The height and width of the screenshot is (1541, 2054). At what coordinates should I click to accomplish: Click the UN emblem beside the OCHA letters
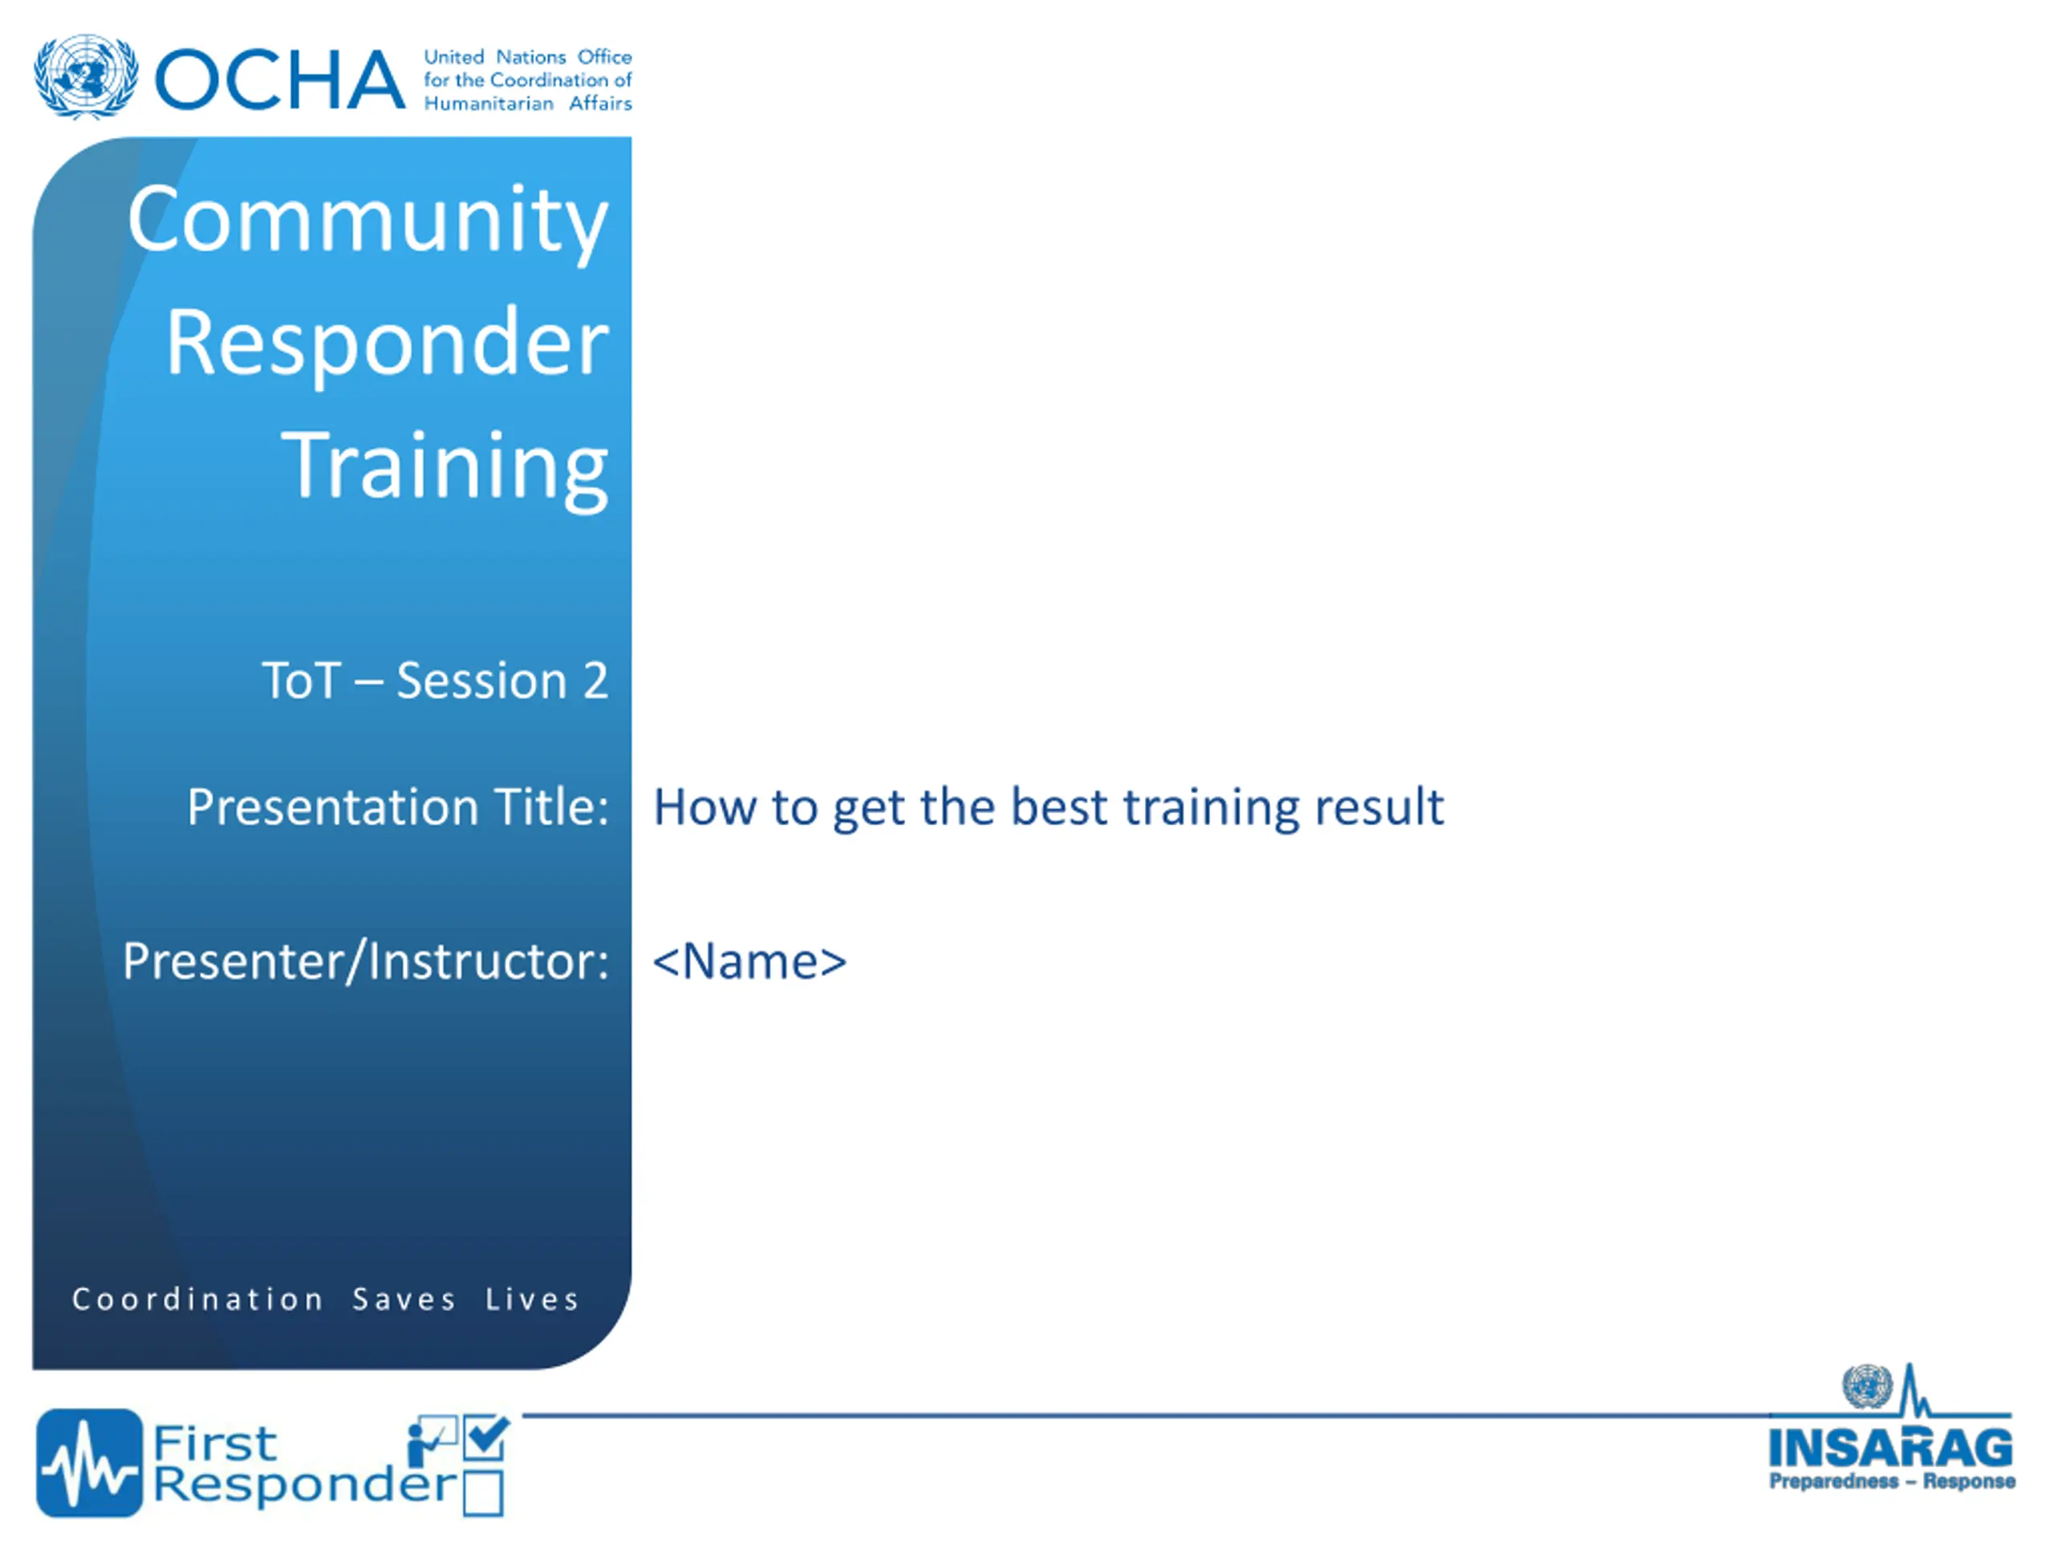click(x=87, y=77)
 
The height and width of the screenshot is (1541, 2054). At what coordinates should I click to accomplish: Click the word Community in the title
click(x=367, y=221)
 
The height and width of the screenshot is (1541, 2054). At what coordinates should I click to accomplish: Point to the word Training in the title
click(x=444, y=466)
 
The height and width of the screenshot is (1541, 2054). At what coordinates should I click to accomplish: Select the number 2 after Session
click(x=595, y=681)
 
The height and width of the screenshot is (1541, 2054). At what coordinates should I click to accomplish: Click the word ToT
click(x=301, y=681)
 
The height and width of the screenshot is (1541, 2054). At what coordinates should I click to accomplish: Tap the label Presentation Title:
click(x=397, y=807)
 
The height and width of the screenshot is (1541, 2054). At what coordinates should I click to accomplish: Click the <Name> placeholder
click(x=749, y=962)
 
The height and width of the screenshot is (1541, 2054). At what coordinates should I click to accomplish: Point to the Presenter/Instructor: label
click(x=366, y=962)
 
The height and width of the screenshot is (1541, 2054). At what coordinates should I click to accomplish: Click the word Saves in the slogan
click(x=404, y=1299)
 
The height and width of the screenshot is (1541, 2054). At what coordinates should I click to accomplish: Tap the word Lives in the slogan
click(x=532, y=1299)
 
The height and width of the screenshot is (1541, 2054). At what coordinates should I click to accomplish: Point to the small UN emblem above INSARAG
click(x=1866, y=1387)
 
